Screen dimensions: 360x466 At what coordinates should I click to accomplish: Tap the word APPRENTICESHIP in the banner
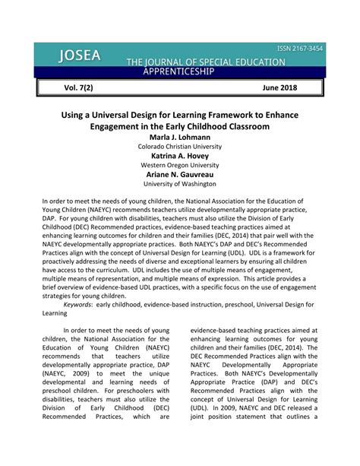(178, 71)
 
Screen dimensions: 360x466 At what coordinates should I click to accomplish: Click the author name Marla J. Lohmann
(180, 136)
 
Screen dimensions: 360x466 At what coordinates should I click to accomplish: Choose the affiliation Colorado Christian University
(180, 146)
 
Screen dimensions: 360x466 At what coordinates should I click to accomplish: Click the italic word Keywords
(84, 303)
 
